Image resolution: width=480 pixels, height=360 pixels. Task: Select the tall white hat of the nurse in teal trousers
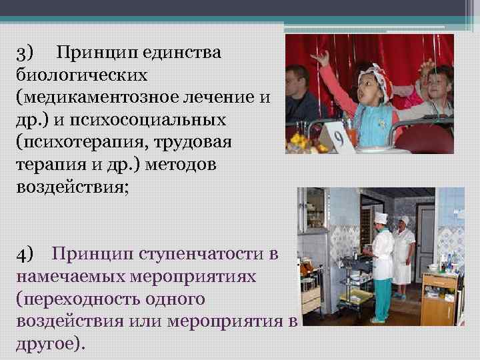(380, 219)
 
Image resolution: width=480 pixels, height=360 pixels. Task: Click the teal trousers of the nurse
(382, 297)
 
